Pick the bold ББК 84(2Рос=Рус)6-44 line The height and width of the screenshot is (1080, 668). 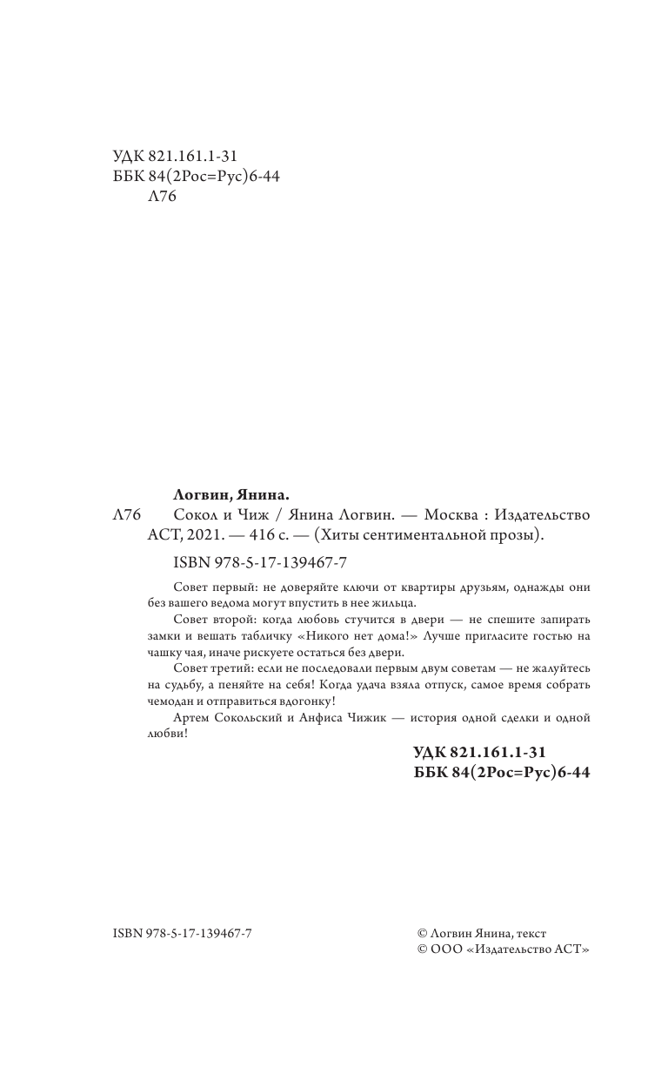click(x=504, y=771)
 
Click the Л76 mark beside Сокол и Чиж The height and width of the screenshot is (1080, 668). click(x=127, y=515)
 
